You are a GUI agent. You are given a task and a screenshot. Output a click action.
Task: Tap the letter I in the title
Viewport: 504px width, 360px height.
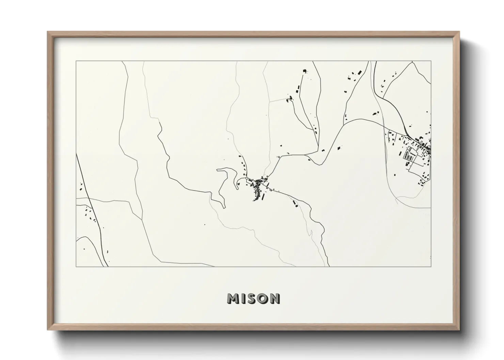coord(243,299)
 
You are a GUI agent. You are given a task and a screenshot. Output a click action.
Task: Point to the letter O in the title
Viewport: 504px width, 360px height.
coord(263,299)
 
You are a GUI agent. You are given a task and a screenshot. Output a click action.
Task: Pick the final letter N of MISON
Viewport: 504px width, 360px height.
coord(274,299)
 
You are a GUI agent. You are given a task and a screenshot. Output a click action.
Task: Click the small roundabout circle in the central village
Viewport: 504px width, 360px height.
coord(247,178)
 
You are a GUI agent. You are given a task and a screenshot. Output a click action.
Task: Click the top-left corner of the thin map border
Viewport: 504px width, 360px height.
coord(76,61)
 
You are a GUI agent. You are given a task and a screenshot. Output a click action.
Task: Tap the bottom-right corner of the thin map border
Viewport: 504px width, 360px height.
coord(431,266)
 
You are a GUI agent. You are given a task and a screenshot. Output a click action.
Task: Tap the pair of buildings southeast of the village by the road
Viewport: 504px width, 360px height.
coord(295,203)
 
